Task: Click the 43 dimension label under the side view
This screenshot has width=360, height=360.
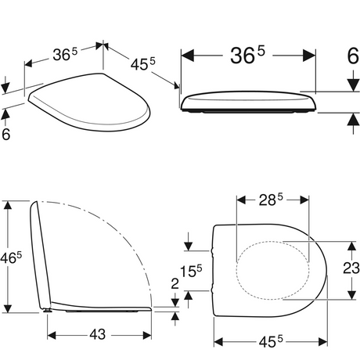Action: tap(98, 334)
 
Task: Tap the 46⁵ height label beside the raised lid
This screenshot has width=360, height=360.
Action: tap(11, 258)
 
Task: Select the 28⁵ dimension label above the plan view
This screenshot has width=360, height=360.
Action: tap(271, 200)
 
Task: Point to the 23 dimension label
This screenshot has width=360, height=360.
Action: tap(351, 268)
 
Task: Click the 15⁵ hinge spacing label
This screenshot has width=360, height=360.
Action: tap(191, 271)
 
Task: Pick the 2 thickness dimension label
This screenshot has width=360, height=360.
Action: tap(175, 284)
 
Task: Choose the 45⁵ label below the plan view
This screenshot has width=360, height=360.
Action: tap(271, 342)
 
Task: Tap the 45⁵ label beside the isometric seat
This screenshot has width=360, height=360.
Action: tap(142, 64)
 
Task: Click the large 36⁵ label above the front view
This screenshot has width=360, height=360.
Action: tap(247, 55)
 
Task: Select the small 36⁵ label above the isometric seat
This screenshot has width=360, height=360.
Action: tap(65, 54)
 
